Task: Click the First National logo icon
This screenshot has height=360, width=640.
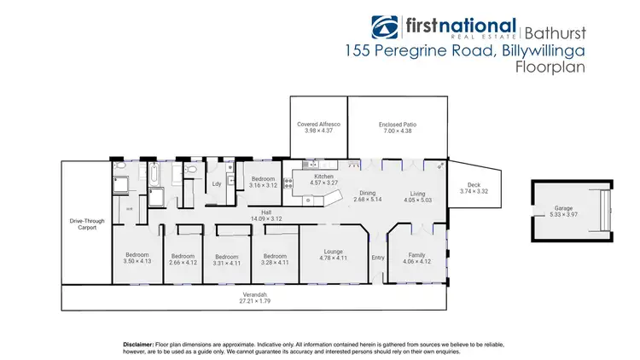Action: (386, 27)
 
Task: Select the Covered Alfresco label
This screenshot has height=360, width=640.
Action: (318, 125)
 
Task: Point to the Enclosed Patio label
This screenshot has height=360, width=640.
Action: (396, 125)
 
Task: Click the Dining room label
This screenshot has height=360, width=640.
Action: (368, 193)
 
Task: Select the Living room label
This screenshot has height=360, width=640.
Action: (416, 194)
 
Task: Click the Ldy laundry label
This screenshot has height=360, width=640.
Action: (217, 183)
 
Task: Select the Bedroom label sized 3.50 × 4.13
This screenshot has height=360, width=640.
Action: (137, 254)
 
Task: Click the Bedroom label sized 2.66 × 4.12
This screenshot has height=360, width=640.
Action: (183, 255)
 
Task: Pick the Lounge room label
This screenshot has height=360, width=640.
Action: (333, 251)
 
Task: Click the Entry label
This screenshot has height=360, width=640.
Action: (378, 257)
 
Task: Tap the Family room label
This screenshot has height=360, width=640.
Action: (417, 255)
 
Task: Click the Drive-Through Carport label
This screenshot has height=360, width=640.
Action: (86, 224)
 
